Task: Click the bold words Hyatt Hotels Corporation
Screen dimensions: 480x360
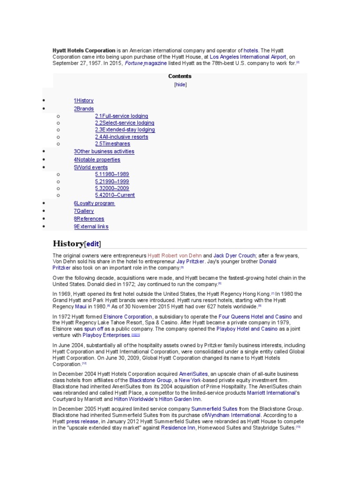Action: [83, 50]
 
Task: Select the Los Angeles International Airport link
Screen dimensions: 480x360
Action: [247, 57]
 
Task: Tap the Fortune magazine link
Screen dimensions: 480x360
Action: [146, 63]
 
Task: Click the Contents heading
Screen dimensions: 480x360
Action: [180, 76]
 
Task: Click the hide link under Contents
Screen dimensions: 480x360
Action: [180, 85]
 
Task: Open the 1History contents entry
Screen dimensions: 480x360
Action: [83, 100]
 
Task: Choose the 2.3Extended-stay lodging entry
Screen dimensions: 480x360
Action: [125, 130]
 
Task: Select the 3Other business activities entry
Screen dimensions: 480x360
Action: [104, 151]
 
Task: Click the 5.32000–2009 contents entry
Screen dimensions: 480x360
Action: [112, 188]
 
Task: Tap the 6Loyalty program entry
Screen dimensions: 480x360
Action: [94, 203]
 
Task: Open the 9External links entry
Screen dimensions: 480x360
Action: [91, 226]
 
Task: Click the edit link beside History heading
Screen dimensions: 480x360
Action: [92, 244]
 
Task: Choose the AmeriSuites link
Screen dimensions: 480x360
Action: [194, 374]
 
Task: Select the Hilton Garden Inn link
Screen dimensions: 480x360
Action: [180, 399]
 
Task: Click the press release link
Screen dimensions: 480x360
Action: [82, 421]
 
